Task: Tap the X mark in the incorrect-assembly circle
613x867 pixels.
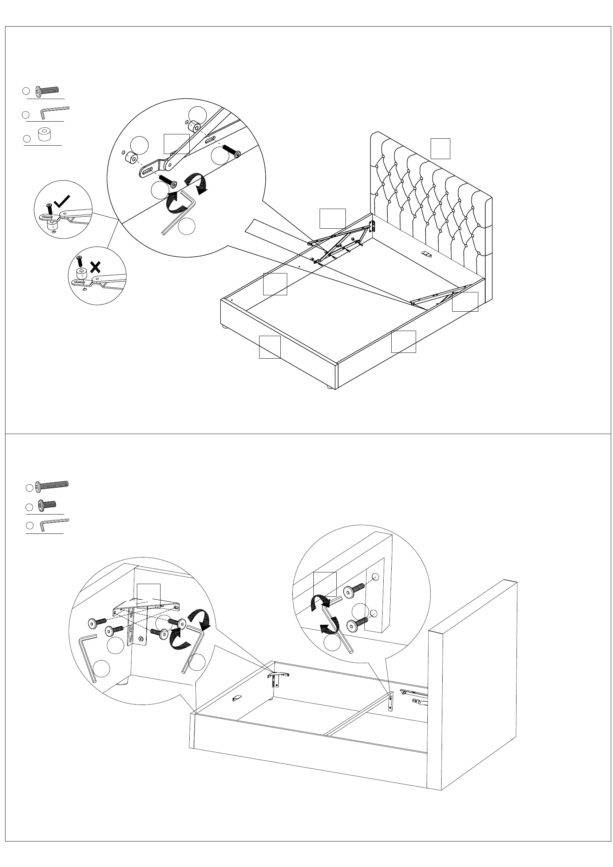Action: point(95,267)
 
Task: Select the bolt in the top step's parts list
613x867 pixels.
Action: point(47,91)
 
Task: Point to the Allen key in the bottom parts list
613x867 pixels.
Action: point(54,524)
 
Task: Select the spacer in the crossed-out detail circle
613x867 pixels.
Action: point(81,273)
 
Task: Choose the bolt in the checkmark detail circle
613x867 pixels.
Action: point(49,209)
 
